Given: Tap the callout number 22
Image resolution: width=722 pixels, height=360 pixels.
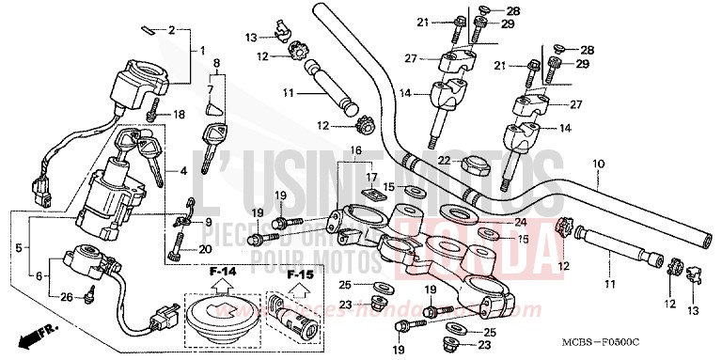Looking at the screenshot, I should (x=444, y=160).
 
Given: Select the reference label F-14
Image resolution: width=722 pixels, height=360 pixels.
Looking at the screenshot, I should (x=222, y=272).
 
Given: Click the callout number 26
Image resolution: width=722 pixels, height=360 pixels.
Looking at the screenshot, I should (x=65, y=299).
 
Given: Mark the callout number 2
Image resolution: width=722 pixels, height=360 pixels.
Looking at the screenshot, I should (x=171, y=30).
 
